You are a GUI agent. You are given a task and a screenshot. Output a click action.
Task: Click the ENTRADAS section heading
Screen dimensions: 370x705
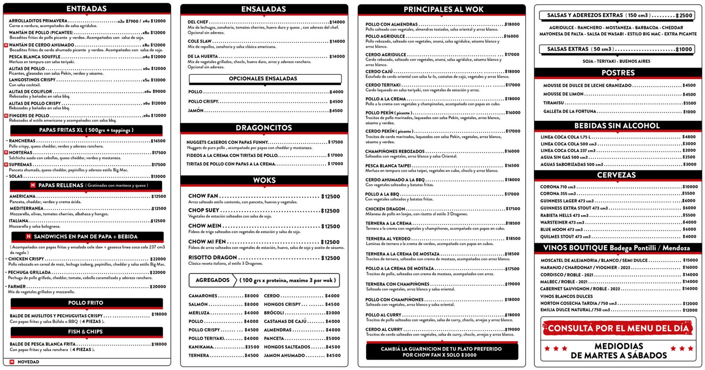pos(86,8)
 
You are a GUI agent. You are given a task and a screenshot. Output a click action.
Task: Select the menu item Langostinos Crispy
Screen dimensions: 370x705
pos(32,80)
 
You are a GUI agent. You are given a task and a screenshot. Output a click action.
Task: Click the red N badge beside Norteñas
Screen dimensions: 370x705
pos(6,153)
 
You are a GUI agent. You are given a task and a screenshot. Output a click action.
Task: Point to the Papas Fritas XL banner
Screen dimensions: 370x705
pos(86,130)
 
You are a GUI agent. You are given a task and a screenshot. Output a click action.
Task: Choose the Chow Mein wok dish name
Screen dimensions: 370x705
pos(205,226)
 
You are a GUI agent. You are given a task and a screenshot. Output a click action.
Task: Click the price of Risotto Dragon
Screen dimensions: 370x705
pos(330,258)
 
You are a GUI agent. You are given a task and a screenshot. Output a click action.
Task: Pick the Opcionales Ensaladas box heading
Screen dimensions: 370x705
pos(263,79)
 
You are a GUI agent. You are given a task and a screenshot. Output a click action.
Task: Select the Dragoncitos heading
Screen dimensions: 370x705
pos(263,128)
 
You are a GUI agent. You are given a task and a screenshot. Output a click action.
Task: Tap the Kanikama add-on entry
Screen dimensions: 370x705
pos(201,347)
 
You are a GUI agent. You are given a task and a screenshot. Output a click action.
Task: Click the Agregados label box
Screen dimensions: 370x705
pos(212,280)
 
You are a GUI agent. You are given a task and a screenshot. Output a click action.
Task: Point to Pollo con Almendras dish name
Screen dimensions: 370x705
pos(391,25)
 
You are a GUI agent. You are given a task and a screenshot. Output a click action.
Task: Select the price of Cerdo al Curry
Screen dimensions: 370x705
pos(512,330)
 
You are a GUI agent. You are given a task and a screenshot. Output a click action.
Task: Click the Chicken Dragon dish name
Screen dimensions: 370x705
pos(385,209)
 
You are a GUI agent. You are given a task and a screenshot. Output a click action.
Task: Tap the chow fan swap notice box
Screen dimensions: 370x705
pos(441,352)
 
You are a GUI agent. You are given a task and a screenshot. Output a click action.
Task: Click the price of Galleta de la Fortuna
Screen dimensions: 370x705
pos(689,112)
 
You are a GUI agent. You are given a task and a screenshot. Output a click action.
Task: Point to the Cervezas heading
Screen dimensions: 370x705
pos(616,175)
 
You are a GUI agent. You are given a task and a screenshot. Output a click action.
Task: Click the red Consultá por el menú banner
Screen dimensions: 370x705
pos(618,328)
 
